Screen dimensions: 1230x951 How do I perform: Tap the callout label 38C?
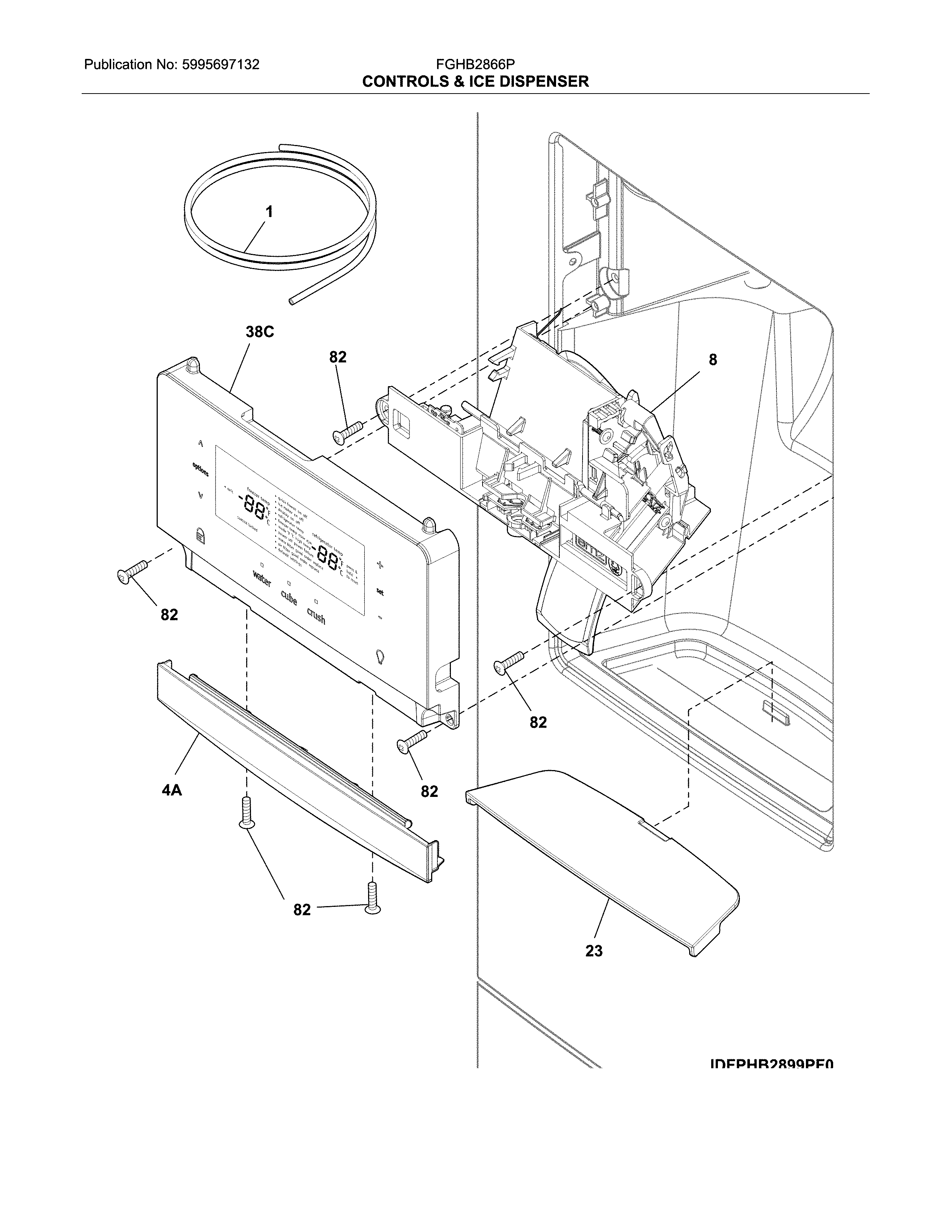click(x=259, y=332)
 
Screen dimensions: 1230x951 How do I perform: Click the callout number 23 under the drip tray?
click(x=594, y=951)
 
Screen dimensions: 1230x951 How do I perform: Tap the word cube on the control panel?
click(x=288, y=599)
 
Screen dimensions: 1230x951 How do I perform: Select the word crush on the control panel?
click(x=316, y=616)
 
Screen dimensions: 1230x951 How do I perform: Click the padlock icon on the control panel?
click(x=200, y=534)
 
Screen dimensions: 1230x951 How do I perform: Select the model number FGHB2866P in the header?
click(x=475, y=65)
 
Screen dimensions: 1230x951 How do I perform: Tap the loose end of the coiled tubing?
click(x=292, y=302)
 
